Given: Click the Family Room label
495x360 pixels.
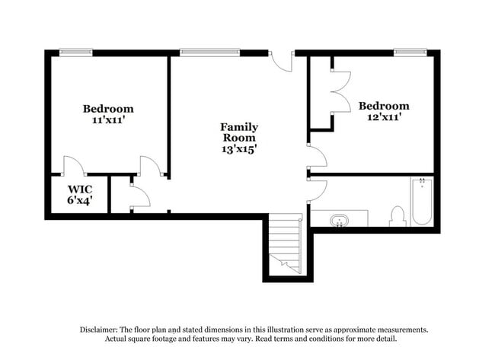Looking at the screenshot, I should [x=239, y=132].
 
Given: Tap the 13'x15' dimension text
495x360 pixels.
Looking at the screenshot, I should [x=239, y=150].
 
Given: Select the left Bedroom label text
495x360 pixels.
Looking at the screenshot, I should [x=108, y=109].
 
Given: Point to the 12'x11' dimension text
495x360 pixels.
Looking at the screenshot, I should [x=384, y=117].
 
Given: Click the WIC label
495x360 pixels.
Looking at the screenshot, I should [x=79, y=189].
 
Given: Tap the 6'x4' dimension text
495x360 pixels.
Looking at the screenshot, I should [x=79, y=201].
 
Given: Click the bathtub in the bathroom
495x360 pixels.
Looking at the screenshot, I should [x=421, y=202].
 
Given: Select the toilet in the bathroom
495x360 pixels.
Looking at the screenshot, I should [x=397, y=217].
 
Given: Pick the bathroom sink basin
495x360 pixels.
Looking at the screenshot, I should [x=340, y=220].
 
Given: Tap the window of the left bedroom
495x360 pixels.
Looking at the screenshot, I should [x=76, y=53].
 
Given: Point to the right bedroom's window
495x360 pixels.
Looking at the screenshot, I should [x=410, y=53].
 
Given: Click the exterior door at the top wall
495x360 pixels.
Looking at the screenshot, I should [x=282, y=61].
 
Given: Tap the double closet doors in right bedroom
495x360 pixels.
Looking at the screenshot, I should [x=340, y=92].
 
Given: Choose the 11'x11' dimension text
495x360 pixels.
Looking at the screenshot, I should [x=108, y=120].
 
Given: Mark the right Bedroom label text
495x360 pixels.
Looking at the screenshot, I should [x=384, y=106].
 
